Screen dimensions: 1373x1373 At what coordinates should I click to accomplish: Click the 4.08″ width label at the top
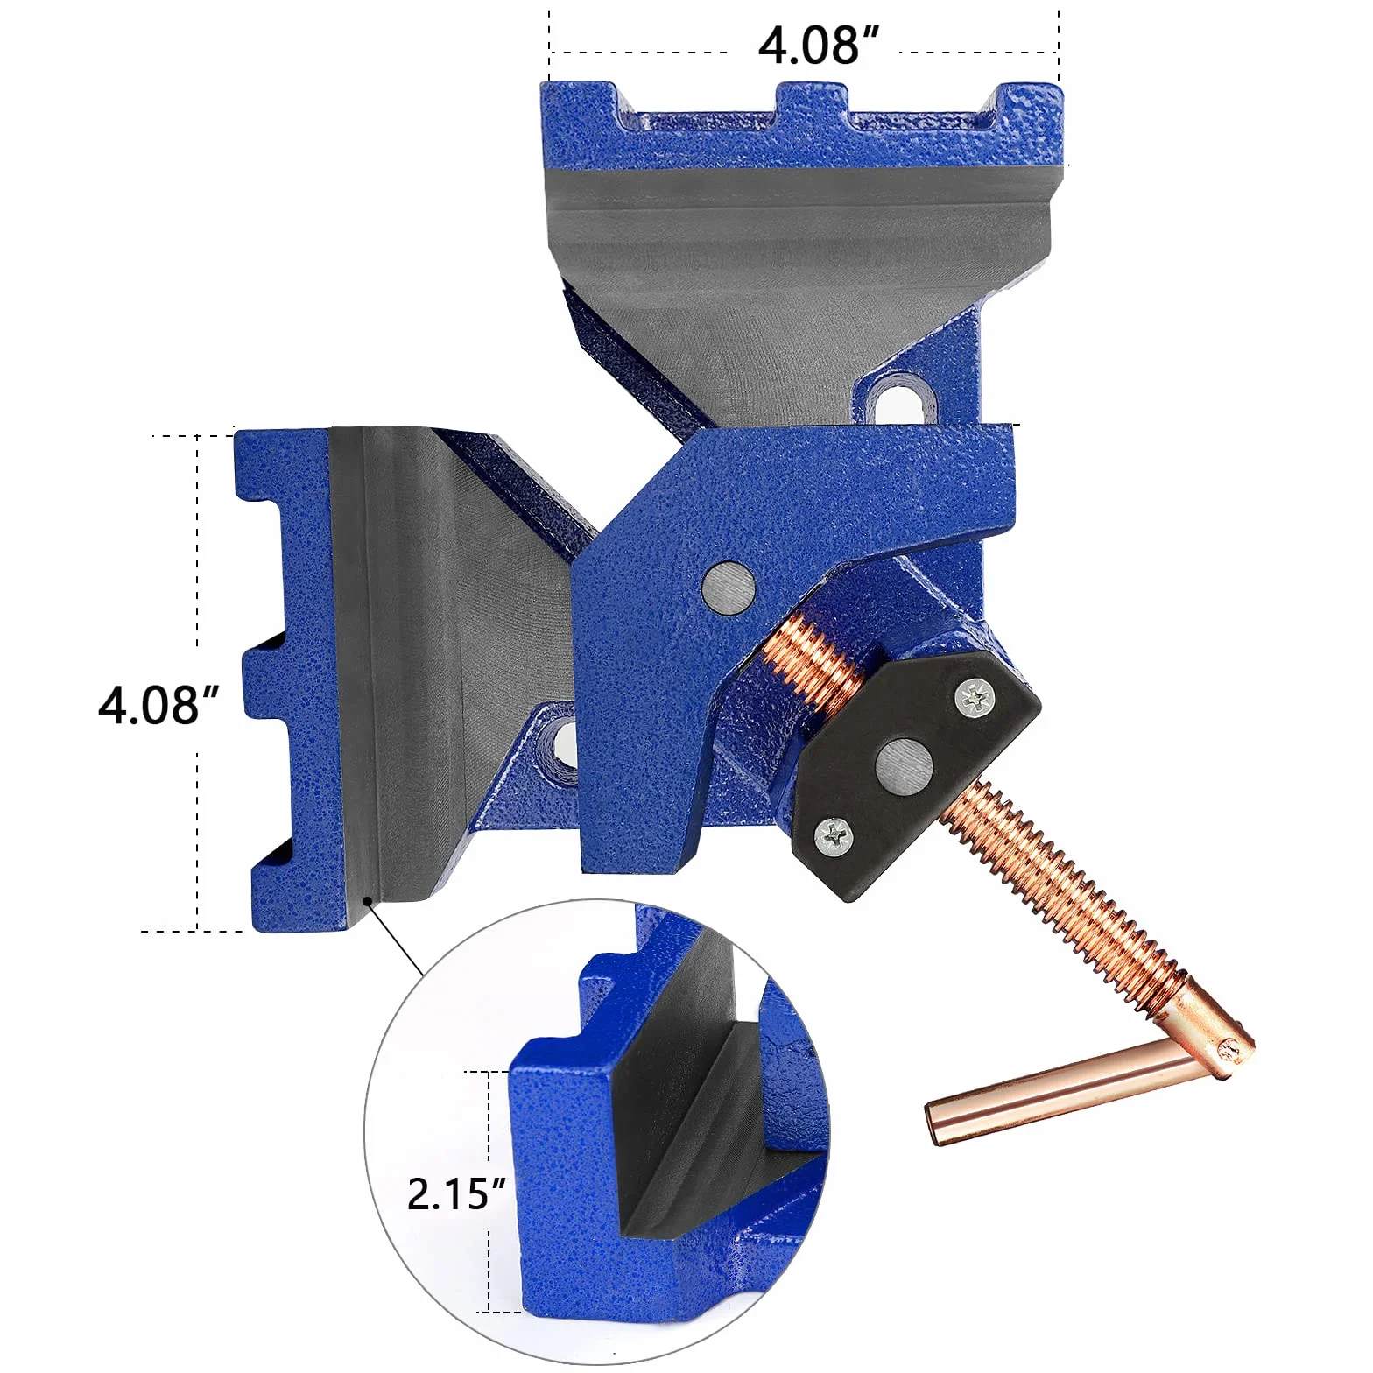tap(818, 46)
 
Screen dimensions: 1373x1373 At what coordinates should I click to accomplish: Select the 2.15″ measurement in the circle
tap(457, 1193)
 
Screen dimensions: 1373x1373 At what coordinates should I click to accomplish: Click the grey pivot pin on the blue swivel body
tap(730, 586)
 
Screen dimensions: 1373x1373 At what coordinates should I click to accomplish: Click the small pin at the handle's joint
tap(1230, 1050)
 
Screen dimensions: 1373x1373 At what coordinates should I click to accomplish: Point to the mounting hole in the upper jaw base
tap(898, 402)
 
